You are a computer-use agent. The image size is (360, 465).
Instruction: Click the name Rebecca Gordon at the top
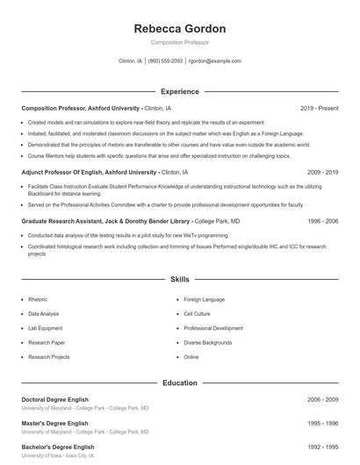tap(179, 28)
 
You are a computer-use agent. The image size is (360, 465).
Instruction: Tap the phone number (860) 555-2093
tap(165, 61)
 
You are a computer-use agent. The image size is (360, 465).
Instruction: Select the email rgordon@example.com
tap(215, 61)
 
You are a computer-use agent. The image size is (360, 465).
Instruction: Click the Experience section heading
tap(179, 91)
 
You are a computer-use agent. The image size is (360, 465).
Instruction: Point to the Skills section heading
tap(179, 279)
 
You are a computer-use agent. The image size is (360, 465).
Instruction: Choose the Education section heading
tap(179, 383)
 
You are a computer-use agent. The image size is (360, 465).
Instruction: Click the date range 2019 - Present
tap(319, 108)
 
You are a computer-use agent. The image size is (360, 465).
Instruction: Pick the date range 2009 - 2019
tap(322, 173)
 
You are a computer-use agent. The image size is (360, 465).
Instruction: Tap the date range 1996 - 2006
tap(322, 222)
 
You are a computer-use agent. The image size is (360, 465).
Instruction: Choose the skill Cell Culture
tap(198, 313)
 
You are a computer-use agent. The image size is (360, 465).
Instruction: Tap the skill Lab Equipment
tap(45, 327)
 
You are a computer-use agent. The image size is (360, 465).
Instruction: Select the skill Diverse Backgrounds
tap(206, 342)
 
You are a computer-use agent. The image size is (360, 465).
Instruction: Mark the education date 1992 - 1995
tap(322, 447)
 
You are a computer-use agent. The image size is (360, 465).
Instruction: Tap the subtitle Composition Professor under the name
tap(179, 42)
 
